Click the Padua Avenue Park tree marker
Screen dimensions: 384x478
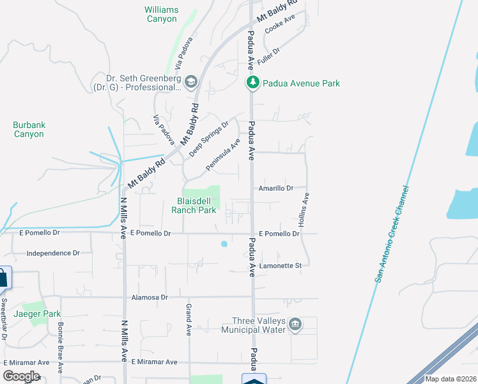(x=253, y=83)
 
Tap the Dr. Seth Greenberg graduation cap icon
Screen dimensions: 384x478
(x=191, y=81)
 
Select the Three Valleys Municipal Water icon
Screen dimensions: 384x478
(x=295, y=324)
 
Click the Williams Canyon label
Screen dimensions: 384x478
(x=161, y=15)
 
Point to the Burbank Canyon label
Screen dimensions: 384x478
(x=29, y=129)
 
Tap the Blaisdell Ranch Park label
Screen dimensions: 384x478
(x=197, y=205)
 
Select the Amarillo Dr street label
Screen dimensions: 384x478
(x=275, y=188)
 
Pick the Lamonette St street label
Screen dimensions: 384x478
(x=280, y=266)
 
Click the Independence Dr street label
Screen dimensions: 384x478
(x=53, y=253)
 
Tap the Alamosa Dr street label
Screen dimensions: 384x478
(x=149, y=298)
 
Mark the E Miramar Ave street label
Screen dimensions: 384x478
(x=154, y=362)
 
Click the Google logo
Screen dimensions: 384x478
(x=22, y=376)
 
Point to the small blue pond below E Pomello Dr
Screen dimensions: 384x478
(x=224, y=244)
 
